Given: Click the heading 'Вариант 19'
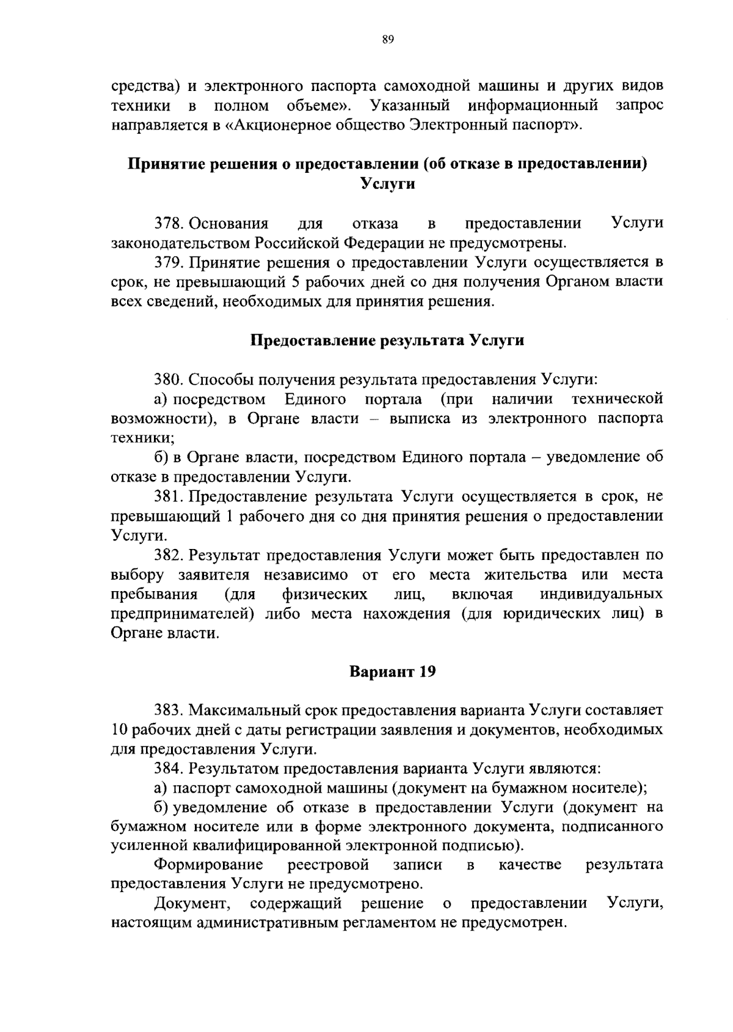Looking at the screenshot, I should pyautogui.click(x=393, y=672).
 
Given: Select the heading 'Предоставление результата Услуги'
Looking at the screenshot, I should pyautogui.click(x=388, y=340).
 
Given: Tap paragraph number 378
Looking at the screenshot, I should pyautogui.click(x=169, y=223).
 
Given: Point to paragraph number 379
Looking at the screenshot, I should pyautogui.click(x=169, y=263).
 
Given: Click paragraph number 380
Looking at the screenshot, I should pyautogui.click(x=169, y=379).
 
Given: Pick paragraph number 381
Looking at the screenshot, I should pyautogui.click(x=169, y=496).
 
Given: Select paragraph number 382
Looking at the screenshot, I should pyautogui.click(x=169, y=555).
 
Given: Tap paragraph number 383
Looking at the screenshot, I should pyautogui.click(x=169, y=710).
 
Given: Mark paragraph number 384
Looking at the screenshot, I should pyautogui.click(x=169, y=768).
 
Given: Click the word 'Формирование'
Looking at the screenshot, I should pyautogui.click(x=208, y=865).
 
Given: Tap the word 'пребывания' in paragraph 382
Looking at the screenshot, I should pyautogui.click(x=154, y=594).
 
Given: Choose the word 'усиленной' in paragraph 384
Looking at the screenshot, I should pyautogui.click(x=149, y=846).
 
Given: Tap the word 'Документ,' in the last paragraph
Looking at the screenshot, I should pyautogui.click(x=192, y=904).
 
